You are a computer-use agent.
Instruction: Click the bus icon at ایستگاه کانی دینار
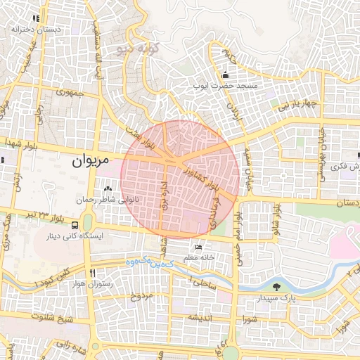(x=75, y=225)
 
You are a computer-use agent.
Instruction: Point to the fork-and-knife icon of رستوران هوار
(x=92, y=273)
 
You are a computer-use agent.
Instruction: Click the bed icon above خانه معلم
(x=198, y=248)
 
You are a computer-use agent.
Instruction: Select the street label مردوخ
(x=141, y=296)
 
